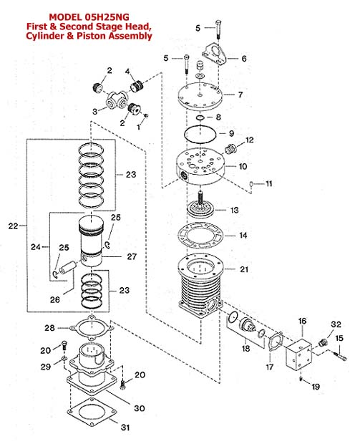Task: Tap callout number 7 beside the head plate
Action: click(x=240, y=95)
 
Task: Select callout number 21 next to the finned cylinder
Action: click(x=244, y=269)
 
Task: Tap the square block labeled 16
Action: click(x=298, y=354)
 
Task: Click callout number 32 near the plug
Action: click(x=336, y=324)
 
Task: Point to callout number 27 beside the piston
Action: click(x=132, y=256)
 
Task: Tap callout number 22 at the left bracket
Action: click(x=13, y=226)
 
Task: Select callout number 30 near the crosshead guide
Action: click(x=140, y=408)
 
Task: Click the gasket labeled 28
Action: click(x=92, y=319)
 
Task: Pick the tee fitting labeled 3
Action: click(x=115, y=101)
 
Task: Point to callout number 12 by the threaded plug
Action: click(x=249, y=140)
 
